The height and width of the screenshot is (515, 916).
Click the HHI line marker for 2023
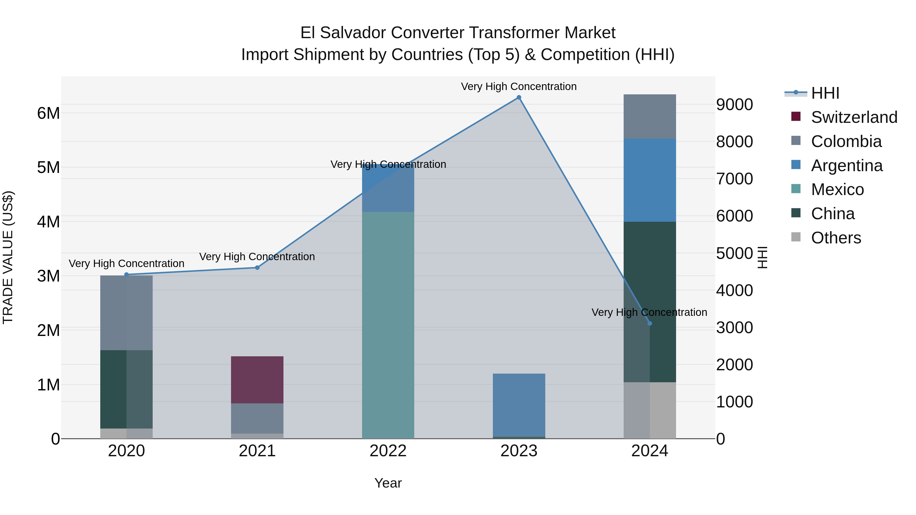[519, 97]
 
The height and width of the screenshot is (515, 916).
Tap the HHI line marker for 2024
[650, 323]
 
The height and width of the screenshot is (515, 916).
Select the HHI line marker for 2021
[257, 268]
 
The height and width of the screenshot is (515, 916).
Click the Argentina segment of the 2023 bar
[519, 405]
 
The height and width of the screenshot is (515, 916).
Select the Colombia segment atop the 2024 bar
[650, 116]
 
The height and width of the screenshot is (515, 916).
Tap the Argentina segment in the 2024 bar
[650, 180]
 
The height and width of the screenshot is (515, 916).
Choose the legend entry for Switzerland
[854, 117]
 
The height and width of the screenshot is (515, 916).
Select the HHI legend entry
[825, 93]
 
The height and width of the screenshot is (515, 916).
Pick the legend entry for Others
[836, 238]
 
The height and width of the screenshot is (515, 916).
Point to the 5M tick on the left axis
[48, 167]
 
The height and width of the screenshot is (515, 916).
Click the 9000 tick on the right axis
[734, 105]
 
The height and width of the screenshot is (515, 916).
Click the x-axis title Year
[388, 483]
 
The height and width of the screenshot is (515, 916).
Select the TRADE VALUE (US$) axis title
[8, 257]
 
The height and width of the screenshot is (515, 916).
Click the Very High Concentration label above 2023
[519, 86]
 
